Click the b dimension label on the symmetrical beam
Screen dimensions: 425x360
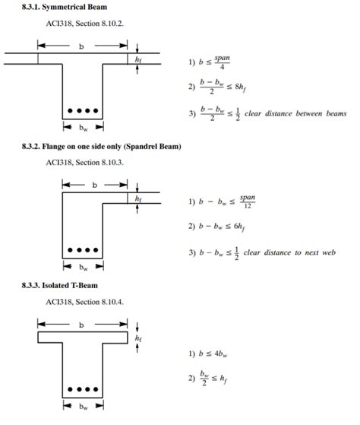coord(81,46)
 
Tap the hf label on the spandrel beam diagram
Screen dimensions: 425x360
coord(137,198)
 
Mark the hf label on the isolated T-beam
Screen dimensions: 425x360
coord(137,336)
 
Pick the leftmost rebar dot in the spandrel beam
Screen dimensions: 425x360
coord(70,249)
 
